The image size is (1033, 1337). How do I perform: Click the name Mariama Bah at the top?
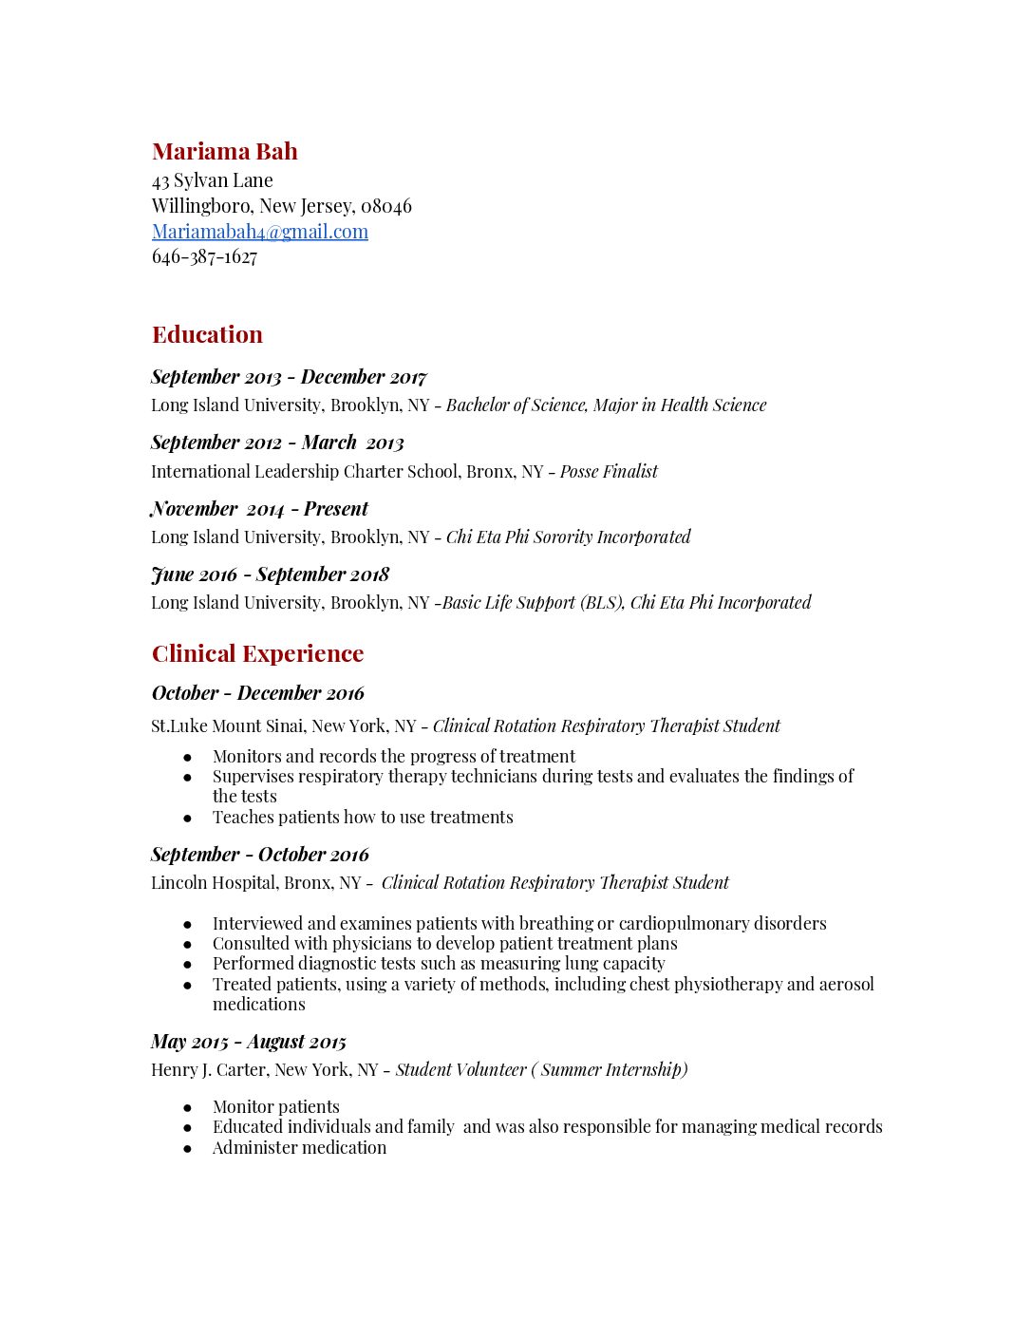[x=225, y=152]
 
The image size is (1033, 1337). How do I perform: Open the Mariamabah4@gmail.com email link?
[x=260, y=232]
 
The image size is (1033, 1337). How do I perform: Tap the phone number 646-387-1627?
[x=205, y=257]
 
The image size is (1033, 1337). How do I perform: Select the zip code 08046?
[x=386, y=206]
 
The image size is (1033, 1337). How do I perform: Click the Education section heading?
[x=207, y=335]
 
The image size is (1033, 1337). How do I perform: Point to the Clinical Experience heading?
[x=257, y=654]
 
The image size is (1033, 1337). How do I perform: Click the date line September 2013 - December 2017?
[x=289, y=377]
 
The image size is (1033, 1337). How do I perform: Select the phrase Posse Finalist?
[x=609, y=472]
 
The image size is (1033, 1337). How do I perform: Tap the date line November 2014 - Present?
[x=259, y=509]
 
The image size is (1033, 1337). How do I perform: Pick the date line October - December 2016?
[x=257, y=693]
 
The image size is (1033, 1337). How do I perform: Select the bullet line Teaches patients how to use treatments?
[x=363, y=818]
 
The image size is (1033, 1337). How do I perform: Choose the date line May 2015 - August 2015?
[x=249, y=1042]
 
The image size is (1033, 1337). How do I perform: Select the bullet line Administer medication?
[x=299, y=1148]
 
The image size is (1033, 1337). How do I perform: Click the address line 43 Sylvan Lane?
[x=213, y=180]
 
